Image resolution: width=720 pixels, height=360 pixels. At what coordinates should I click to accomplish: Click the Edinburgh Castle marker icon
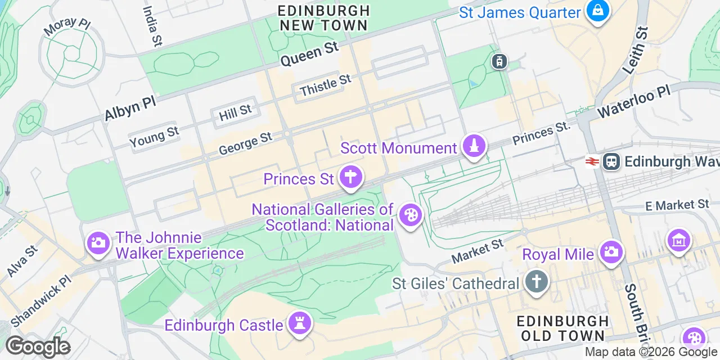(299, 324)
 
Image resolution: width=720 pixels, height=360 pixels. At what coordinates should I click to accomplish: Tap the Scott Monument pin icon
(474, 146)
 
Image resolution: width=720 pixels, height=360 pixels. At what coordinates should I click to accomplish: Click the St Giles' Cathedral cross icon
(537, 281)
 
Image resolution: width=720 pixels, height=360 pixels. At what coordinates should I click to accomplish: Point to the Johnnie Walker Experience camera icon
(98, 243)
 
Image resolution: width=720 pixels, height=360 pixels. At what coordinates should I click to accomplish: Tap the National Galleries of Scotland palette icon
(409, 215)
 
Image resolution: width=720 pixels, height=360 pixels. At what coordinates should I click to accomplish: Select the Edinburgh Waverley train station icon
(611, 161)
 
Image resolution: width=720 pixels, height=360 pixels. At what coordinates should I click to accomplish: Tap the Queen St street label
(309, 55)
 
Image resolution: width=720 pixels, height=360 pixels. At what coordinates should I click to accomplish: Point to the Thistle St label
(325, 85)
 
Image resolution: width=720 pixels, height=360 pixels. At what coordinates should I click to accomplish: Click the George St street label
(245, 143)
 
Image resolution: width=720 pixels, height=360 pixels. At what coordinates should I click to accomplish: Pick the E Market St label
(677, 205)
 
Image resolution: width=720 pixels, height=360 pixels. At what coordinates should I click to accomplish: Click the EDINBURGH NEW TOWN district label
(324, 18)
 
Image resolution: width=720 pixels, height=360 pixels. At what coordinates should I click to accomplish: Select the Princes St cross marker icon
(350, 178)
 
